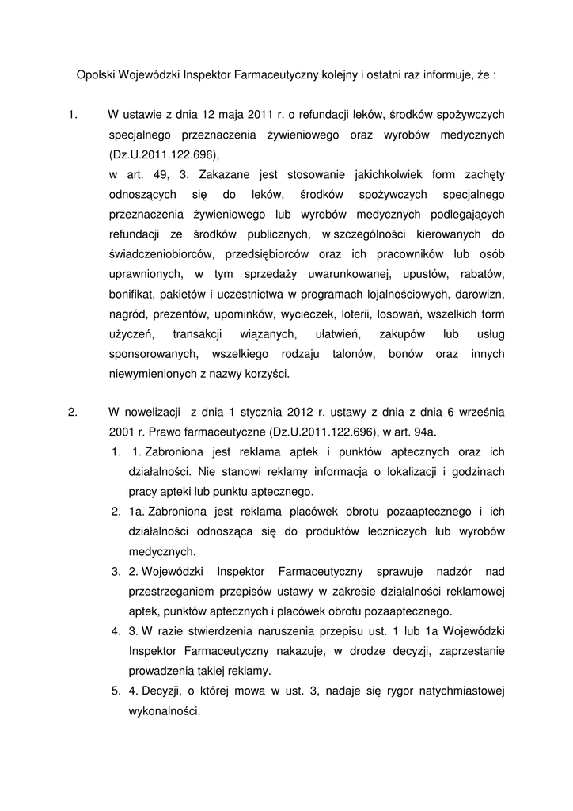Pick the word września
[473, 412]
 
